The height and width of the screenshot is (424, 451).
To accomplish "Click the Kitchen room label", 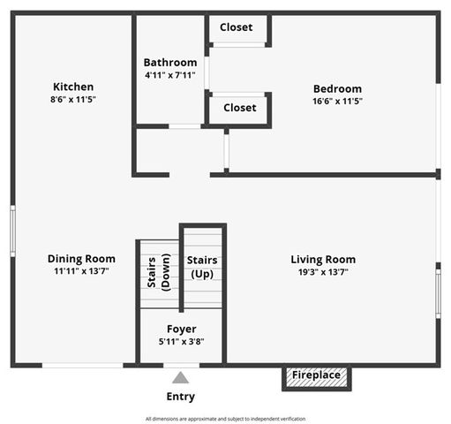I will [73, 87].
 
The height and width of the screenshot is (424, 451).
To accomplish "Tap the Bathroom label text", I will [170, 63].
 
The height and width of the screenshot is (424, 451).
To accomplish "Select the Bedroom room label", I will [337, 88].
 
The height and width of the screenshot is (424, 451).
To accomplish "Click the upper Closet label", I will [237, 27].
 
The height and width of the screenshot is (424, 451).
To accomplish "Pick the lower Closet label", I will [239, 108].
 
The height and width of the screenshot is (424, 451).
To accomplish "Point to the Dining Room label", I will [81, 259].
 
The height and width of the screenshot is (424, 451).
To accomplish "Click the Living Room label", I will [323, 260].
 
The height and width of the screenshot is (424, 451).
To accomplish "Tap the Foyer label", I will [182, 329].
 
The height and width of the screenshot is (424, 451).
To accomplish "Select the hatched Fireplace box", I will [317, 375].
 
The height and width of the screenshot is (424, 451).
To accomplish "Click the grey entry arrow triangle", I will [181, 377].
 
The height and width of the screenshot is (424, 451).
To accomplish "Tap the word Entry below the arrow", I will [181, 397].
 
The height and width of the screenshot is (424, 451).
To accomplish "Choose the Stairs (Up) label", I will [202, 267].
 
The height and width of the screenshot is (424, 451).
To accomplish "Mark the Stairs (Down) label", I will [159, 271].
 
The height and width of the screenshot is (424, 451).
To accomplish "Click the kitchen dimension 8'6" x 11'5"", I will [73, 100].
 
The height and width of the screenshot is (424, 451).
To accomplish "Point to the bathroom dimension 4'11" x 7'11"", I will [170, 76].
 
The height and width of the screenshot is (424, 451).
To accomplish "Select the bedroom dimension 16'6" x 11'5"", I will [337, 101].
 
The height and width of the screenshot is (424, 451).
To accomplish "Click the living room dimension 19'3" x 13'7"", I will [323, 272].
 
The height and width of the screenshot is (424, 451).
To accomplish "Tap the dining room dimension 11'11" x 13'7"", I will [81, 271].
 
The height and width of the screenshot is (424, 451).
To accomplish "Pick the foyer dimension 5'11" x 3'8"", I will [182, 342].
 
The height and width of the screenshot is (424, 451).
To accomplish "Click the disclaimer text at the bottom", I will [225, 419].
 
